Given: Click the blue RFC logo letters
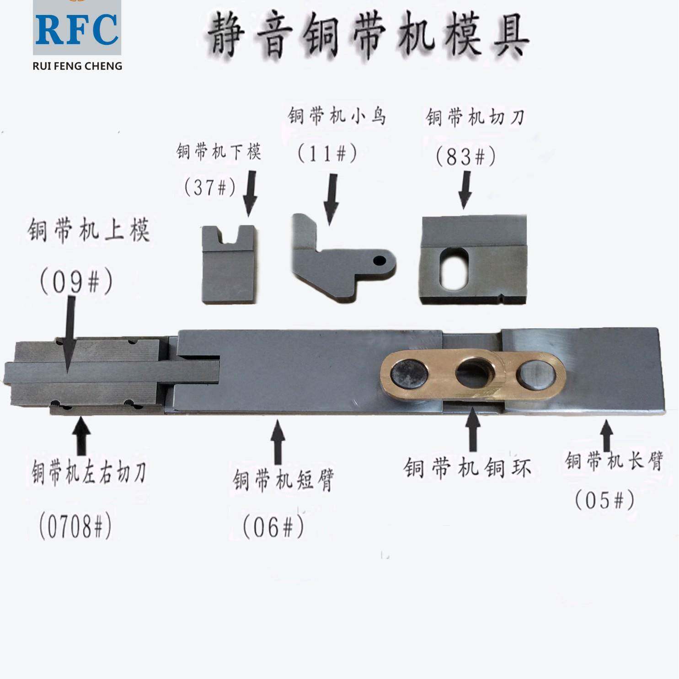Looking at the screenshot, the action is tap(77, 30).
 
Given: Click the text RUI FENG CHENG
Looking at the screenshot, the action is tap(77, 66).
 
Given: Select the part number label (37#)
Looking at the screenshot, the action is tap(210, 187).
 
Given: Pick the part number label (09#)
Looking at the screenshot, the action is tap(76, 282).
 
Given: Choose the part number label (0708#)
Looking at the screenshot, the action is tap(75, 526).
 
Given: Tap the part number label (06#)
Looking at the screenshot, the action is tap(273, 527).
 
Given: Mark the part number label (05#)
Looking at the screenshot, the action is tap(604, 500).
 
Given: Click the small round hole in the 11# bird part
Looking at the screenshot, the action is tap(379, 261).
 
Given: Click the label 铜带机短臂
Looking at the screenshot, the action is tap(283, 480).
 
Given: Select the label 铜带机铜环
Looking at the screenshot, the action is tap(467, 468).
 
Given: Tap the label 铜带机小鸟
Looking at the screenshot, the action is tap(337, 117).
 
